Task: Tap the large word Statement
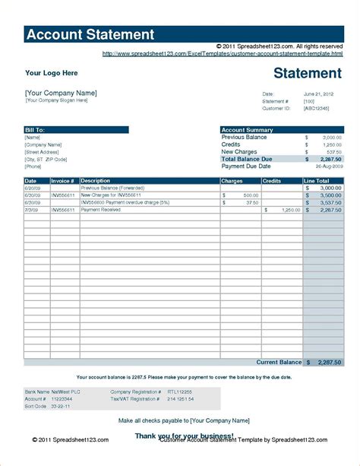coord(307,73)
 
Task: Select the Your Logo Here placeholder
coord(52,73)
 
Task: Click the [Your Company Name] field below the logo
coord(61,93)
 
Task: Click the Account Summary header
coord(248,130)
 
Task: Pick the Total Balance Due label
coord(247,159)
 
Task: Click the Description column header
coord(96,181)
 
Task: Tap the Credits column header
coord(272,181)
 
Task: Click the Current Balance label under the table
coord(278,363)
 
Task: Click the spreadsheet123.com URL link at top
coord(222,54)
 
